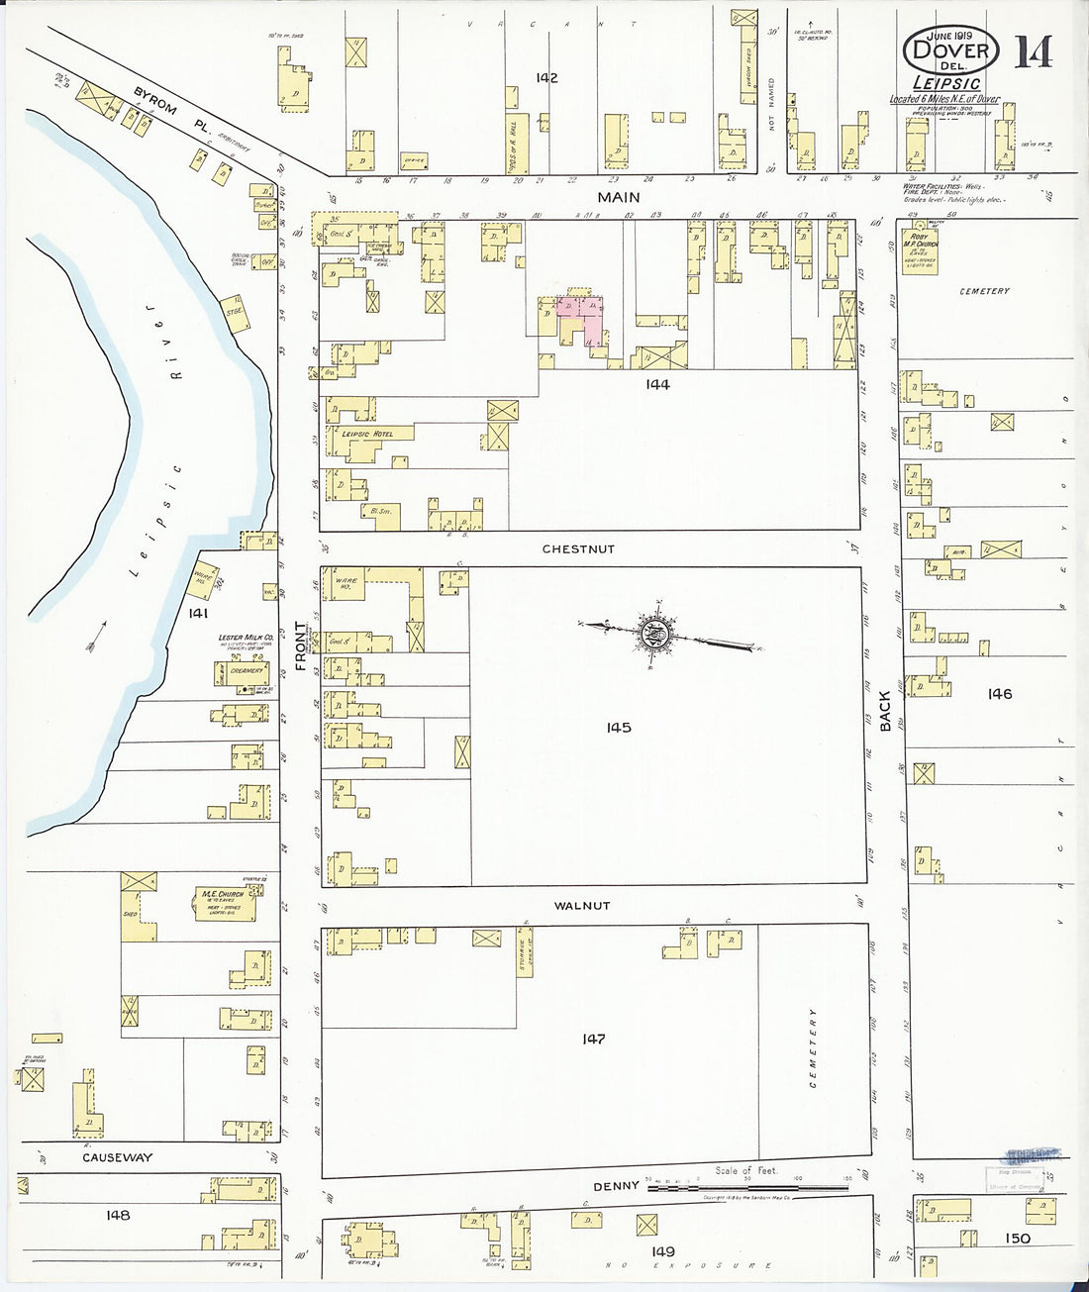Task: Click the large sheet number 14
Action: pyautogui.click(x=1033, y=50)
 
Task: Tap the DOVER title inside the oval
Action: pyautogui.click(x=950, y=50)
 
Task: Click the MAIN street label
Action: pyautogui.click(x=619, y=198)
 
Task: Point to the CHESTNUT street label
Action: pyautogui.click(x=578, y=548)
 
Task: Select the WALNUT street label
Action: pyautogui.click(x=582, y=905)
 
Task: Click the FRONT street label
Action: pyautogui.click(x=301, y=646)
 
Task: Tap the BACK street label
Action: pyautogui.click(x=885, y=711)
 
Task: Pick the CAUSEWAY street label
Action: pyautogui.click(x=118, y=1157)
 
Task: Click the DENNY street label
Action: pyautogui.click(x=616, y=1186)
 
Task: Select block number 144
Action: pyautogui.click(x=657, y=384)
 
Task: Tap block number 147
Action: pyautogui.click(x=593, y=1039)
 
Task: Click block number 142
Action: pyautogui.click(x=546, y=78)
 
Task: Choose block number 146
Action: pyautogui.click(x=1000, y=694)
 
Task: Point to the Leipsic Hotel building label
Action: pyautogui.click(x=367, y=434)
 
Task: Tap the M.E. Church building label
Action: pyautogui.click(x=223, y=894)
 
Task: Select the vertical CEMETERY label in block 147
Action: pyautogui.click(x=814, y=1047)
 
